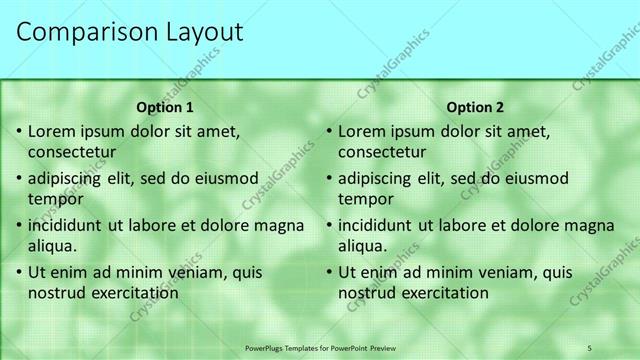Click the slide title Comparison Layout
click(130, 32)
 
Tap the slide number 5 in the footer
click(589, 347)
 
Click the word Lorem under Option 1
click(52, 131)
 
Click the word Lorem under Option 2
click(362, 131)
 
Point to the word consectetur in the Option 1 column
click(72, 153)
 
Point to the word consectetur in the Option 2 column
click(382, 153)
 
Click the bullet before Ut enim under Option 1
click(18, 272)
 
